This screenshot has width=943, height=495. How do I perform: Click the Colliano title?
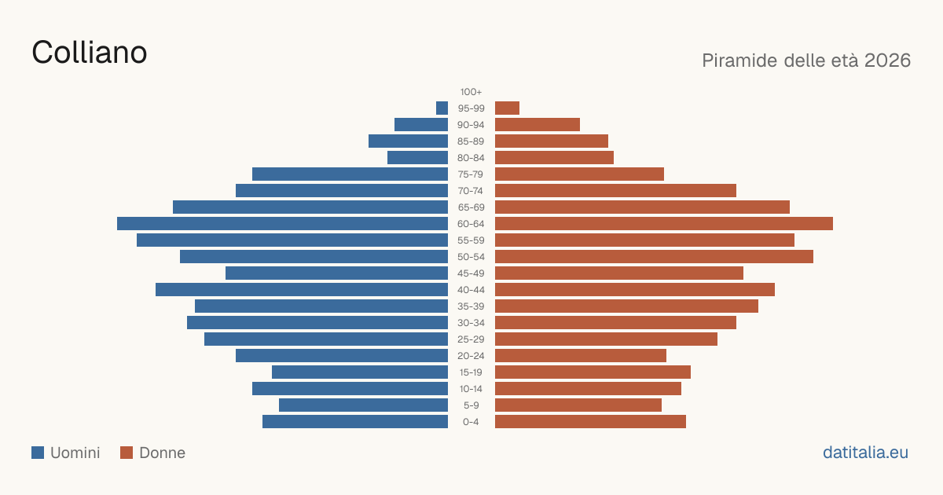(x=90, y=53)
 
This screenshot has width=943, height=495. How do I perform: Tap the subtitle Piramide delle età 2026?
(x=806, y=60)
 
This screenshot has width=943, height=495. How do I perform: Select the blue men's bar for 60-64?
(x=282, y=223)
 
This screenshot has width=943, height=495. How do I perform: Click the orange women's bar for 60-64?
(x=664, y=223)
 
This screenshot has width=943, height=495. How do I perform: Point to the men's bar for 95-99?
(x=442, y=108)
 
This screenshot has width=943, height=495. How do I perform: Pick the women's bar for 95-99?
(x=508, y=108)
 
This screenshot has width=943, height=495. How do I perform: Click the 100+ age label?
(x=471, y=92)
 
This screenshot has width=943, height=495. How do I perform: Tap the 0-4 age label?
(x=471, y=422)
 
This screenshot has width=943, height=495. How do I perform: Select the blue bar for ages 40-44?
(x=302, y=290)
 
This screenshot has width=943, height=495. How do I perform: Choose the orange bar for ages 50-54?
(x=654, y=257)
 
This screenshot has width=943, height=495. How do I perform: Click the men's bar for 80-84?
(x=417, y=158)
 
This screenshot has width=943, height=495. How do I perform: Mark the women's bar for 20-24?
(x=581, y=356)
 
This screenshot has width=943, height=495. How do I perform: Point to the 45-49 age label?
(x=471, y=273)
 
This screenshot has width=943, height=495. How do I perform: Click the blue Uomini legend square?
(x=38, y=453)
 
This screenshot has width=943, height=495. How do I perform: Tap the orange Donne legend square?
(x=127, y=453)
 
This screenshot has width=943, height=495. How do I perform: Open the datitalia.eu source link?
(x=865, y=453)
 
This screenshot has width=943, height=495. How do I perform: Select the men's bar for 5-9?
(x=363, y=405)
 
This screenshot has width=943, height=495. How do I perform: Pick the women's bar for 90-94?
(x=538, y=125)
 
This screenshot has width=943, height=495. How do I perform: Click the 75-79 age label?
(x=471, y=174)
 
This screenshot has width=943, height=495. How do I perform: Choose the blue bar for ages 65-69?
(x=310, y=207)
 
